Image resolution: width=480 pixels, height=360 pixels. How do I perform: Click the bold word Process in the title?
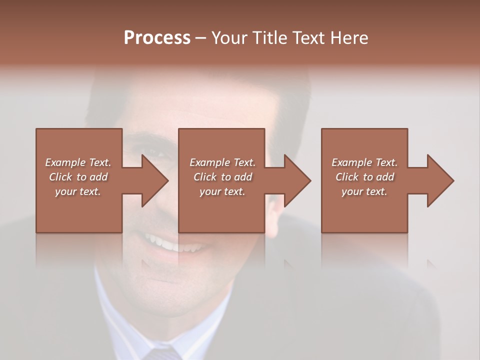(x=157, y=38)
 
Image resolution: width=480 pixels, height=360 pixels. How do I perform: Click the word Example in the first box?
(x=65, y=162)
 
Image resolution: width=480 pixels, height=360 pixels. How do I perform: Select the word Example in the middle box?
(x=209, y=162)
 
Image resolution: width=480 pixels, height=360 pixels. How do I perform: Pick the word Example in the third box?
(x=351, y=162)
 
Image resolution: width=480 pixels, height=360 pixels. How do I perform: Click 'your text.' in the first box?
(x=78, y=191)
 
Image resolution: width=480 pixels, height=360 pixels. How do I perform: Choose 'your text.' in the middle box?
(x=222, y=191)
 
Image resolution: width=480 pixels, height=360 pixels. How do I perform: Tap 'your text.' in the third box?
(x=364, y=191)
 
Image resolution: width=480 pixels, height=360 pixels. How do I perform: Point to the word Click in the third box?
(x=347, y=177)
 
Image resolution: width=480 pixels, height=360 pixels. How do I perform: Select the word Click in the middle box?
(x=205, y=177)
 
